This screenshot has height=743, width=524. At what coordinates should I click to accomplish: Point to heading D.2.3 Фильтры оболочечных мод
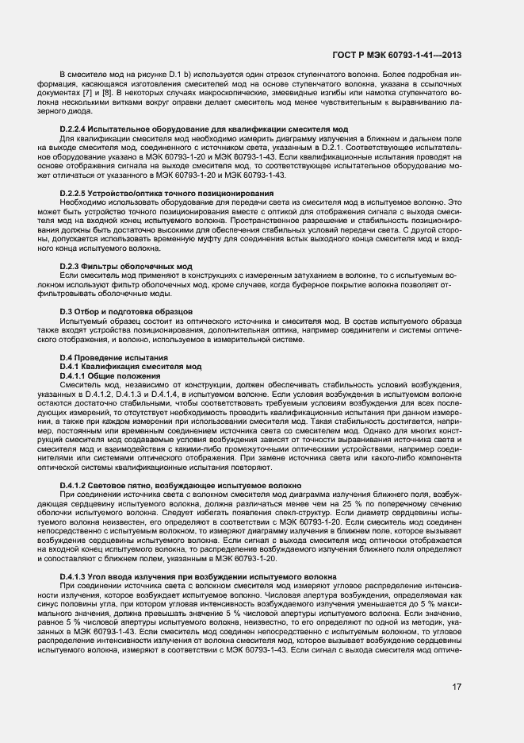126,265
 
